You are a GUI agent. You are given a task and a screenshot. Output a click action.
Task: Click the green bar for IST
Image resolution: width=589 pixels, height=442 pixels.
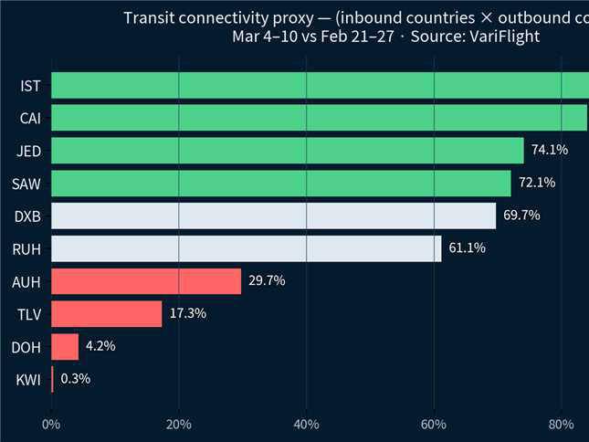coord(320,86)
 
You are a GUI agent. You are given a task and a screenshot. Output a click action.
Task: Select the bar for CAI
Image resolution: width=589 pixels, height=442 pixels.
coord(320,118)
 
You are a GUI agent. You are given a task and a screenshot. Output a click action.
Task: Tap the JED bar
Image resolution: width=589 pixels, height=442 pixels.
coord(288,151)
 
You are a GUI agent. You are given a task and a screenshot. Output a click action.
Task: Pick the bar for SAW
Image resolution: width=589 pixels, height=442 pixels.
coord(281,183)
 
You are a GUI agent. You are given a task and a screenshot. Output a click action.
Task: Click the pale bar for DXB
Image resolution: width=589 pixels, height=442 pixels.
coord(274,216)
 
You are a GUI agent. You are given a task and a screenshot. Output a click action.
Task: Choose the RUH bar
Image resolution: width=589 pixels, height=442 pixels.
coord(247,248)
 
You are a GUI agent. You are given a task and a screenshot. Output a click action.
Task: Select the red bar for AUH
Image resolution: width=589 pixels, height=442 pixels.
coord(146,281)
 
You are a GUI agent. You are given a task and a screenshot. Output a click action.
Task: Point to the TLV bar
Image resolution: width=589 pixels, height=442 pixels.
coord(106,314)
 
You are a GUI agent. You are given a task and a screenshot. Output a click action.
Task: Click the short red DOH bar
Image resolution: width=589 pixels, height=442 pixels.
coord(65,347)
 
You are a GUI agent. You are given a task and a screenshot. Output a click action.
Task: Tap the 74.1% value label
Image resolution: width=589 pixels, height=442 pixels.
coord(550,150)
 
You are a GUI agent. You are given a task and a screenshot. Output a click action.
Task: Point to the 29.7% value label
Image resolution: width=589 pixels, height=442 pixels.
coord(267,281)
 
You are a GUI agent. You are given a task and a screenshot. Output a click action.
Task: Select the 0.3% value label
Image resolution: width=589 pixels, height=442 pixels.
coord(75,379)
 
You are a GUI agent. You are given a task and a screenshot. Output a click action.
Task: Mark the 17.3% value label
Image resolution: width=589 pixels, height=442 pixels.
coord(187,314)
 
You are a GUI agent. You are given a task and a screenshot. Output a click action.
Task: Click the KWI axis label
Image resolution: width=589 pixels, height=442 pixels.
coord(29,380)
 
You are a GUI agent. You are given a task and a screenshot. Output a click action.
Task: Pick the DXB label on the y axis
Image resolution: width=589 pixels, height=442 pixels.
coord(27,216)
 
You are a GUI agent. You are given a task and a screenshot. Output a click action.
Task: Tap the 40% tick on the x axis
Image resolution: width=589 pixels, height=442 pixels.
coord(307,424)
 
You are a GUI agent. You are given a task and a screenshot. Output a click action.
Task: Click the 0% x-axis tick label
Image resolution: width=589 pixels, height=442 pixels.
coord(51,424)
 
